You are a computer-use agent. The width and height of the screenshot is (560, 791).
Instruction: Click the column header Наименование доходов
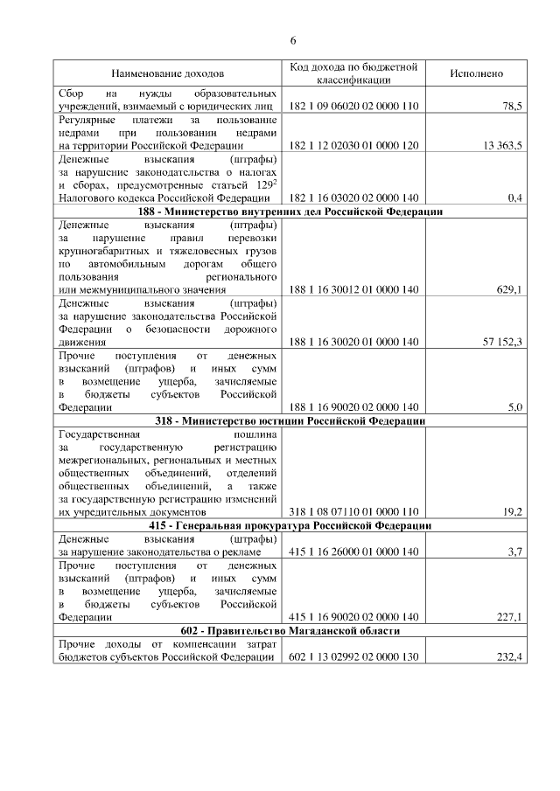pos(166,73)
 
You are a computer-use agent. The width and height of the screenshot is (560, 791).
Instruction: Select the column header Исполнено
pos(476,73)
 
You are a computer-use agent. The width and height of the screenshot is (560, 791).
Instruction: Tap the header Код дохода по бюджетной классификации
pos(353,73)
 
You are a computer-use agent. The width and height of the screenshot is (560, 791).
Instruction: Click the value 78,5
pos(512,106)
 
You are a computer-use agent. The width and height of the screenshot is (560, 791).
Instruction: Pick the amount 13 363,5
pos(502,146)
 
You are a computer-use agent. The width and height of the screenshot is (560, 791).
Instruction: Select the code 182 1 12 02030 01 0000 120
pos(353,146)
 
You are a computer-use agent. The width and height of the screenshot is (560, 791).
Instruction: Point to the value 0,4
pos(515,198)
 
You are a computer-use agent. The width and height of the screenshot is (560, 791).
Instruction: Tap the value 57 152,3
pos(502,341)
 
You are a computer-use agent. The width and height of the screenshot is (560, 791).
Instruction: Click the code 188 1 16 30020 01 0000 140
pos(353,341)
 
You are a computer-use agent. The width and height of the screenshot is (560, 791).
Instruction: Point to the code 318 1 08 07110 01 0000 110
pos(353,511)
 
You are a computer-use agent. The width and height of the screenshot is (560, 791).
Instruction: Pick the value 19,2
pos(512,511)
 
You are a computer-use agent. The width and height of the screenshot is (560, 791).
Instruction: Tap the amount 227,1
pos(508,616)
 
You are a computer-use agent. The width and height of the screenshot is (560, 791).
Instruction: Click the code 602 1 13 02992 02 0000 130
pos(353,656)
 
